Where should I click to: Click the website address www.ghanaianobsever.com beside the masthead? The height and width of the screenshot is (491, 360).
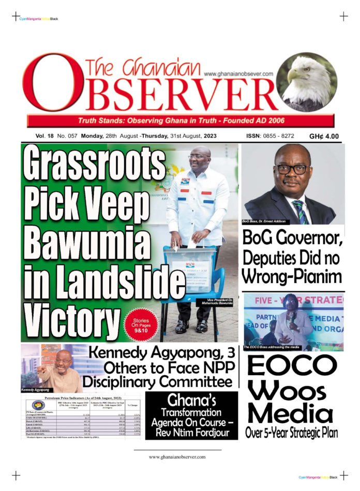click(238, 74)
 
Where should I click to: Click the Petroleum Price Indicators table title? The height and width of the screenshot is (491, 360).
click(83, 399)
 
